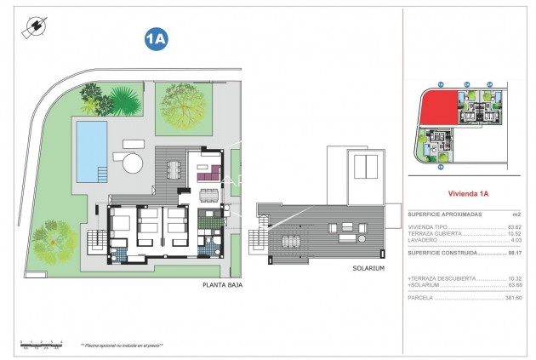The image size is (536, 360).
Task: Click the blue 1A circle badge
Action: [155, 38]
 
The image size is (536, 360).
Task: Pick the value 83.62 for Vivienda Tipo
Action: [513, 226]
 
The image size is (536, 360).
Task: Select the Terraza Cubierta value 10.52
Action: [513, 233]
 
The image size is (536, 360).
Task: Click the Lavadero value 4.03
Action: [515, 240]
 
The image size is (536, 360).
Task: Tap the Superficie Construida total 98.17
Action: [513, 253]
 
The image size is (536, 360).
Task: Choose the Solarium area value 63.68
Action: [513, 285]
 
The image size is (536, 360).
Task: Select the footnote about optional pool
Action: [122, 346]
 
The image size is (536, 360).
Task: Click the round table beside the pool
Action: [130, 162]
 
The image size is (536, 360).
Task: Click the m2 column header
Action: [515, 214]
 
